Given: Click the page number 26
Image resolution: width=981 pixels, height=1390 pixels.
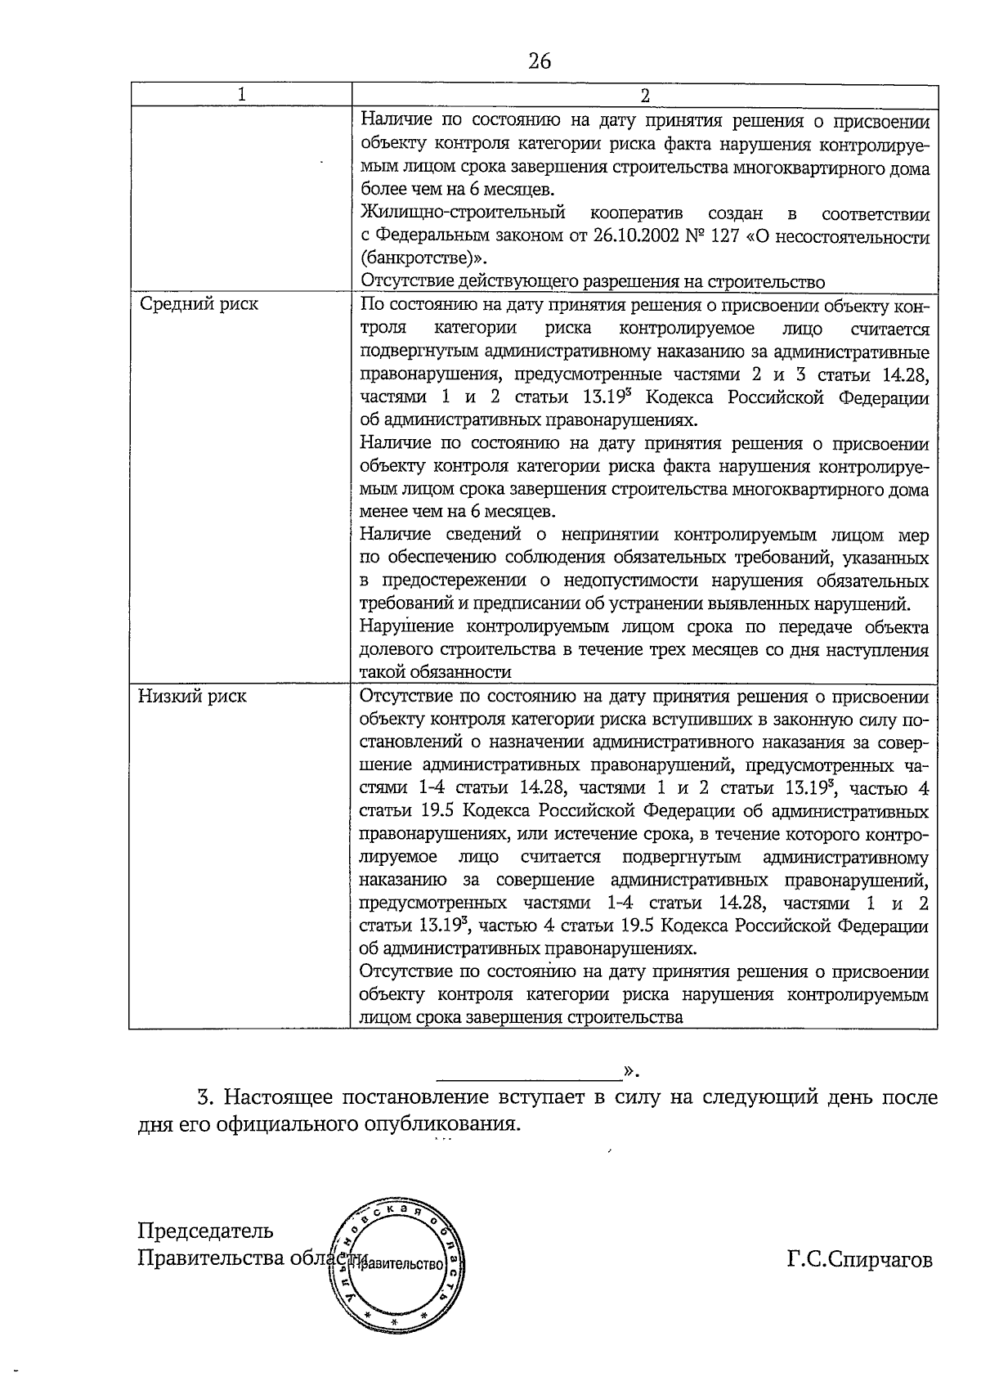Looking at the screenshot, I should (x=540, y=61).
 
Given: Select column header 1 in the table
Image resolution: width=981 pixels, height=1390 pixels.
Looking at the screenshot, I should (x=241, y=95).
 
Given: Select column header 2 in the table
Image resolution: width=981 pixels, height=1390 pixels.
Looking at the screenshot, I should (x=644, y=95).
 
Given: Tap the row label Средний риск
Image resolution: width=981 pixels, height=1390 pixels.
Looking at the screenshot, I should (x=199, y=304).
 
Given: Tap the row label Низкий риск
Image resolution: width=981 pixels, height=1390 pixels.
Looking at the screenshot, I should (x=192, y=697).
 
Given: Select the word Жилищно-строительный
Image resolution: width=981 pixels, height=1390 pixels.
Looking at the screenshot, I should (x=463, y=214).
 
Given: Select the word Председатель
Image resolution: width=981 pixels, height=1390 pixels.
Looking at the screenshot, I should (x=205, y=1231).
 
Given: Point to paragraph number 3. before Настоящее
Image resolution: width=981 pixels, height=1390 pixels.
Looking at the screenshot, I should (x=205, y=1097).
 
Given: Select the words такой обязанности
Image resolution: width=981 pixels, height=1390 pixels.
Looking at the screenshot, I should (x=436, y=672).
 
